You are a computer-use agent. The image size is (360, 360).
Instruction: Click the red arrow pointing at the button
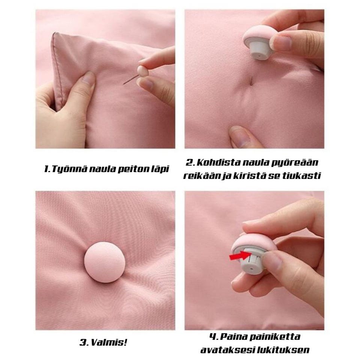[240, 255]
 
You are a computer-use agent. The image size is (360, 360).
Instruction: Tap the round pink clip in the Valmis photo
[105, 262]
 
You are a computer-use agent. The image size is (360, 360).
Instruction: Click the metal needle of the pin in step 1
[131, 79]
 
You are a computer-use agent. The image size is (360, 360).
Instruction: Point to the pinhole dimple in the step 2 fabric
[251, 81]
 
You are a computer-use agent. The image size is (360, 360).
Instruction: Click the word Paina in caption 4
[233, 337]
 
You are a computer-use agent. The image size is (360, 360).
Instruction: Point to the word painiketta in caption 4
[275, 337]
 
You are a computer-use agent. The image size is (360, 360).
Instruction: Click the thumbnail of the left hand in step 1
[88, 78]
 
